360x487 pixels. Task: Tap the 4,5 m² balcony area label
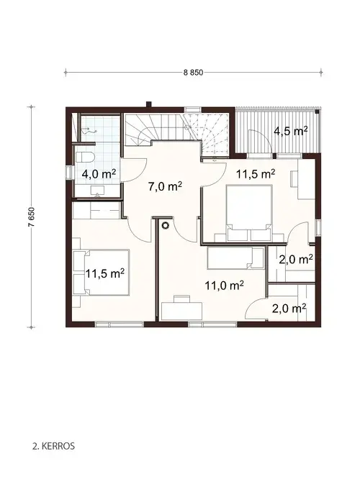click(291, 131)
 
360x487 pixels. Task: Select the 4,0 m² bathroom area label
click(99, 173)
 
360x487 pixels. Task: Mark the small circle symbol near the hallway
click(165, 226)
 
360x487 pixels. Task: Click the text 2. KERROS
click(54, 445)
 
